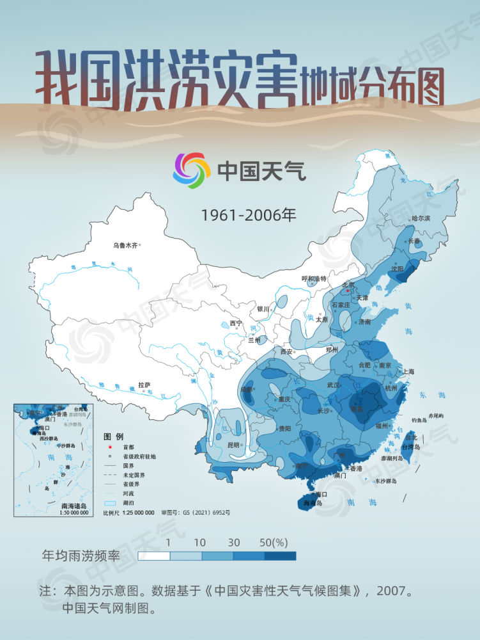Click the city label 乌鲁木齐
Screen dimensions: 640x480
125,244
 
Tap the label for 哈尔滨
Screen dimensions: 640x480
421,218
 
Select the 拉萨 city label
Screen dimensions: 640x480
144,385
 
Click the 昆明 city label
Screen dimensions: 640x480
233,445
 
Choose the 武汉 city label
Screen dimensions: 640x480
334,385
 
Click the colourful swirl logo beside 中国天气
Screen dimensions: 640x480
192,170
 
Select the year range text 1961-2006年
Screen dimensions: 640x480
249,215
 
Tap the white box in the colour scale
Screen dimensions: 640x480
153,556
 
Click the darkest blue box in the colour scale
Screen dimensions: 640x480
280,556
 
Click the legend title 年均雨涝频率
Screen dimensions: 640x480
81,555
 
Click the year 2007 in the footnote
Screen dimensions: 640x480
391,591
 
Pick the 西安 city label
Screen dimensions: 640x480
286,351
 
